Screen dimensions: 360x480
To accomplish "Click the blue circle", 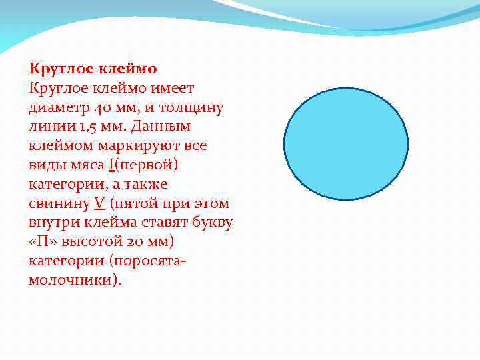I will coord(345,143).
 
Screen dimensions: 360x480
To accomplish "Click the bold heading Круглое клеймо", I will coord(93,68).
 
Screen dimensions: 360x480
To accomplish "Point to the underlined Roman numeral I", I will coord(109,165).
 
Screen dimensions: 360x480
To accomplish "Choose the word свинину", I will coord(59,203).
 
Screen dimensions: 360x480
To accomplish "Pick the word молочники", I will coord(73,279).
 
